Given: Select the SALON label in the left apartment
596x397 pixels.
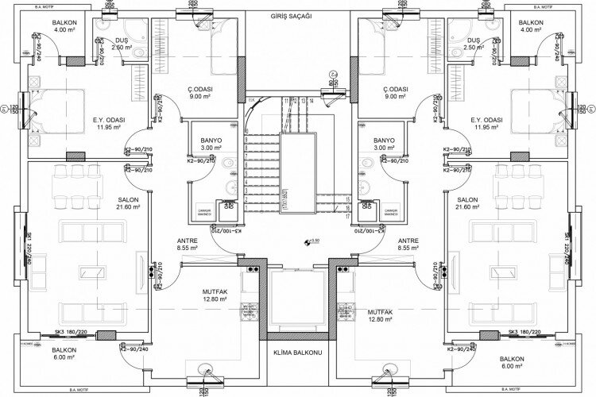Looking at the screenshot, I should click(x=129, y=199).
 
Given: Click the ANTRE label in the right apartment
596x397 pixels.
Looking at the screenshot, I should click(x=408, y=241).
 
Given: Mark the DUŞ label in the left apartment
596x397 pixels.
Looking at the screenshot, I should click(x=121, y=40).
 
